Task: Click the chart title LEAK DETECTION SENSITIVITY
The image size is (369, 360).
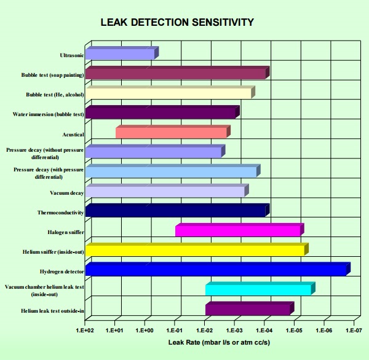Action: pos(177,23)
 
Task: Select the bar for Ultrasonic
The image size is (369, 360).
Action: pos(121,54)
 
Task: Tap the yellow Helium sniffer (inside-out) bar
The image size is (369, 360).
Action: pos(196,250)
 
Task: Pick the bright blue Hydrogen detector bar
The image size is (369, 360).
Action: pos(216,269)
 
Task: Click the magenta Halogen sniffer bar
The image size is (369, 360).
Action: pos(239,231)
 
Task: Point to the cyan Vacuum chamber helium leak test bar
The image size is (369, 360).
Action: pos(259,289)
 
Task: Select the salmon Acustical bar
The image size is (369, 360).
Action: pos(172,133)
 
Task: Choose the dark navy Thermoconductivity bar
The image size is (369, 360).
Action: pos(176,211)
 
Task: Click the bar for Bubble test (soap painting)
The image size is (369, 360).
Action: pos(176,74)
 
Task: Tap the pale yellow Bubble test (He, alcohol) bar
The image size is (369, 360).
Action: pos(169,93)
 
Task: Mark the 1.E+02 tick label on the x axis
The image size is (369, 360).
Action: pos(85,331)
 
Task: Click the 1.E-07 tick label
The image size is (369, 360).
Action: pos(354,331)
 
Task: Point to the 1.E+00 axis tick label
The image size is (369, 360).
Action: pos(145,331)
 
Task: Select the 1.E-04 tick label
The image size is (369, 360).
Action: pos(264,331)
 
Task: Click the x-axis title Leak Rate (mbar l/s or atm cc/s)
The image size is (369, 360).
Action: pos(219,342)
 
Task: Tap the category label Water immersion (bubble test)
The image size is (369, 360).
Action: pos(48,114)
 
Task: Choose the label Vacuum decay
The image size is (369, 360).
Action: pos(66,193)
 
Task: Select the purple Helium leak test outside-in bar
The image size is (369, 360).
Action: pos(248,309)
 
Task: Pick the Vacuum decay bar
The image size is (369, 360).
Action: pos(165,192)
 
